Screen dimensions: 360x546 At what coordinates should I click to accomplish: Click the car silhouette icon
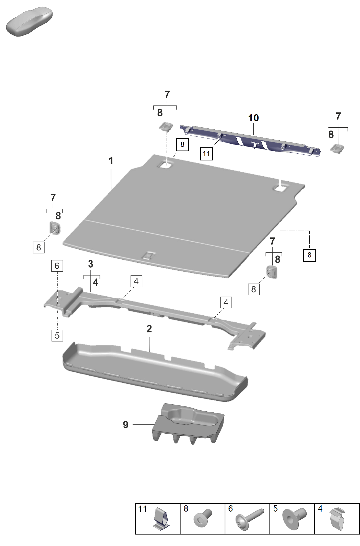pos(29,22)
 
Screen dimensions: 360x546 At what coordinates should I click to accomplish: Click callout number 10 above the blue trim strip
pos(253,118)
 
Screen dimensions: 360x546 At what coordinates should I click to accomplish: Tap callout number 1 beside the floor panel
pos(111,161)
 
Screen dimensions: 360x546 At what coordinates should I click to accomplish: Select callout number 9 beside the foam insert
pos(125,425)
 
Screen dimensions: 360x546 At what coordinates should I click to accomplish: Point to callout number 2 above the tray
pos(149,329)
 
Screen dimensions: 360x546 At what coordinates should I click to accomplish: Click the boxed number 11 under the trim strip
pos(206,154)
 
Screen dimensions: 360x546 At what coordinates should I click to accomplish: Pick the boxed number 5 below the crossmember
pos(57,335)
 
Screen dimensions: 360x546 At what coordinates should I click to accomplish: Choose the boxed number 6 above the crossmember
pos(57,266)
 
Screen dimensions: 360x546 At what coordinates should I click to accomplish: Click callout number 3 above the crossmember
pos(91,264)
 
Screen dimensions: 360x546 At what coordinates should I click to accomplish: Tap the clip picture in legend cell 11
pos(160,519)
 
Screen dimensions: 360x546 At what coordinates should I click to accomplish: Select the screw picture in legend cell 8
pos(203,518)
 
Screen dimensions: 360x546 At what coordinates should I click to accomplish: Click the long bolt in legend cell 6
pos(248,519)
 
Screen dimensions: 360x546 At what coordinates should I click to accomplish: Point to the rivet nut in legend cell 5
pos(294,519)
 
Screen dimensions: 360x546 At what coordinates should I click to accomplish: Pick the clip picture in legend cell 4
pos(337,519)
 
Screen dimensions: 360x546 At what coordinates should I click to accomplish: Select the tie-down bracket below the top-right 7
pos(337,149)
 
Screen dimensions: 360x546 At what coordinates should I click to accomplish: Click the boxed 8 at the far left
pos(39,247)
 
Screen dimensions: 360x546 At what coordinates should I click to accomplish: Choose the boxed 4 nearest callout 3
pos(136,281)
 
